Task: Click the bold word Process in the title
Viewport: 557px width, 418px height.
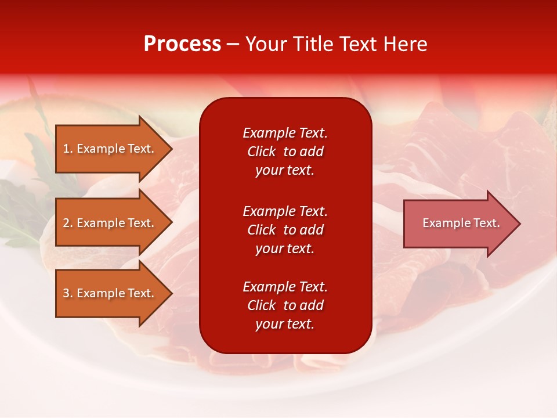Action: pos(182,44)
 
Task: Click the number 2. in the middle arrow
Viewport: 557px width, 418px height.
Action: pos(68,223)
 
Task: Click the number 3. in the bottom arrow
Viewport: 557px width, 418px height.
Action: pos(68,293)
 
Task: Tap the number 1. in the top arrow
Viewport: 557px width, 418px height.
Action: pos(68,149)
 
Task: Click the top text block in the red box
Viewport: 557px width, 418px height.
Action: pos(285,152)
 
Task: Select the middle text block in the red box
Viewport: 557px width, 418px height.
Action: pos(285,230)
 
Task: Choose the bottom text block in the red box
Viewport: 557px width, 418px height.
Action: pos(285,305)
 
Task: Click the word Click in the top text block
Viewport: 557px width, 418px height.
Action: pos(261,152)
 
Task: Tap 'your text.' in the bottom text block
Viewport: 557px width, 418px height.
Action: pos(285,324)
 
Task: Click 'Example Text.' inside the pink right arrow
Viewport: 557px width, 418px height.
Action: pos(461,223)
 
